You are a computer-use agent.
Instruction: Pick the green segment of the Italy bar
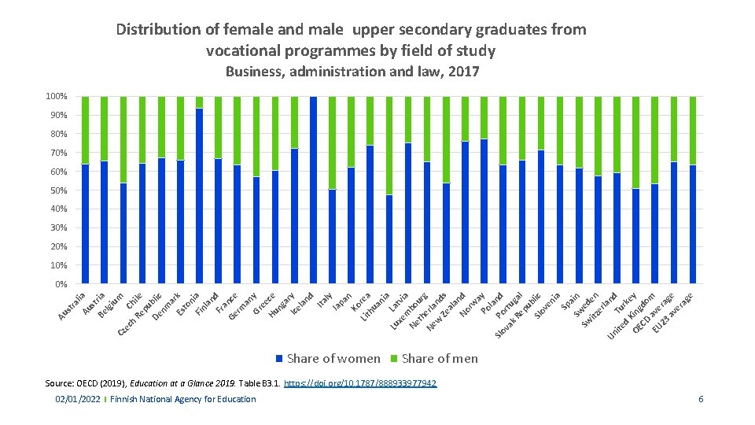point(333,142)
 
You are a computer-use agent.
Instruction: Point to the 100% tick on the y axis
point(56,97)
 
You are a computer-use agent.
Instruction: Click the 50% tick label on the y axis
point(58,190)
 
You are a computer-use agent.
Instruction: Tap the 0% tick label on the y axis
point(61,284)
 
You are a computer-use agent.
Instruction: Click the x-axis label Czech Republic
point(140,316)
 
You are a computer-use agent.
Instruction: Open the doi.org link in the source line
point(360,384)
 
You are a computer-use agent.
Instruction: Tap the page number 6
point(701,400)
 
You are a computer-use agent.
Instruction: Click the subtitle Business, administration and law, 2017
point(352,72)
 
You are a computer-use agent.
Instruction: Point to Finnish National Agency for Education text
point(183,400)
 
